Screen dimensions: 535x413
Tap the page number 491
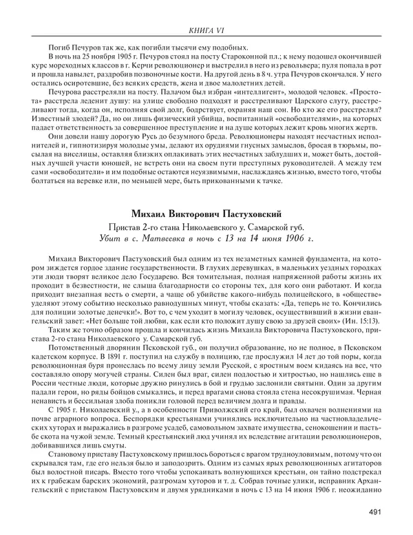(374, 510)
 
